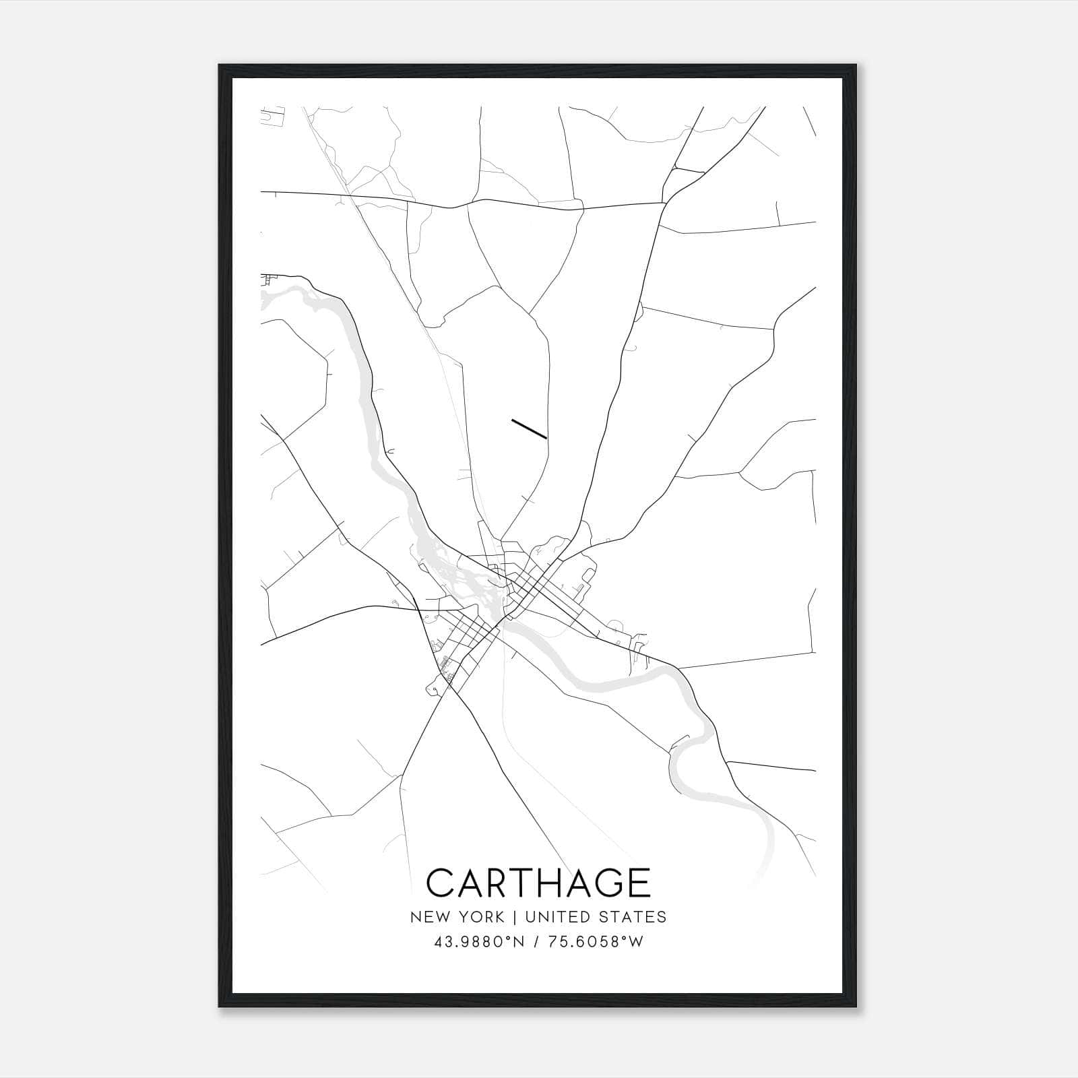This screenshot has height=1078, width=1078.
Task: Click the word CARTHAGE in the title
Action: [538, 883]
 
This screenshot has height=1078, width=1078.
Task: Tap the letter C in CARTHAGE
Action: [441, 883]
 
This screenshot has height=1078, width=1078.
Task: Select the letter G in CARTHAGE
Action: [604, 883]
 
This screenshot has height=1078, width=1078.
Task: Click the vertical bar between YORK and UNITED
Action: [515, 917]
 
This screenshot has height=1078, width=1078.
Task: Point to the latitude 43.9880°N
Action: [479, 942]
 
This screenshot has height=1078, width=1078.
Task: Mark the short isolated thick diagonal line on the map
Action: [529, 429]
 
